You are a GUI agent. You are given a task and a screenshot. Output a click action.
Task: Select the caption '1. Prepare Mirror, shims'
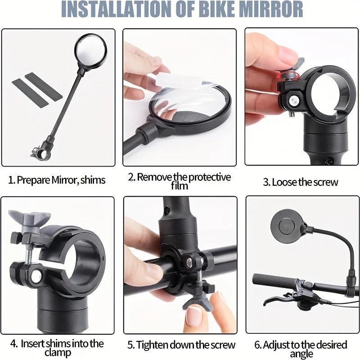click(x=57, y=180)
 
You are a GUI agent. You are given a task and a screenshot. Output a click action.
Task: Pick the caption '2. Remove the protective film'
click(x=179, y=180)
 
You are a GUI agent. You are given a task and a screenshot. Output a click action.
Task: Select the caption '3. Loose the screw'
click(x=300, y=182)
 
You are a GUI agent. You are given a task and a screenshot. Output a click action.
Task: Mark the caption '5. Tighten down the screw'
click(x=181, y=345)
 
